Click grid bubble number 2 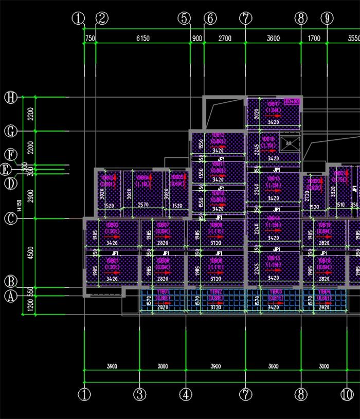[102, 19]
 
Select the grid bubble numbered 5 [184, 19]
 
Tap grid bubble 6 [210, 19]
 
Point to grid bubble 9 [327, 19]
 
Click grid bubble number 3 [139, 395]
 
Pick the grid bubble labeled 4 [186, 395]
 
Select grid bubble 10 [347, 395]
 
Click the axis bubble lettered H [10, 97]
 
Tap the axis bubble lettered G [10, 132]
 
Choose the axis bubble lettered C [10, 218]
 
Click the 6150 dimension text [142, 39]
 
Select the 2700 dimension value [225, 39]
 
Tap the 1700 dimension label [314, 39]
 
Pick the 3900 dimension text [215, 366]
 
